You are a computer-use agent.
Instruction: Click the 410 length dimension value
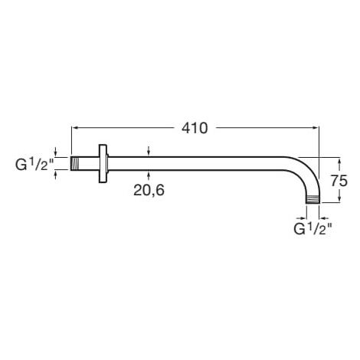pos(195,128)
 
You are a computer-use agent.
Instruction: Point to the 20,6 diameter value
pos(149,191)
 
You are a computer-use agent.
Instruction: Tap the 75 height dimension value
pos(339,181)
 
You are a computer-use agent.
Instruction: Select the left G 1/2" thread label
pos(34,165)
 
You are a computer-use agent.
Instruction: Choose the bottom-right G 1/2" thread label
pos(313,228)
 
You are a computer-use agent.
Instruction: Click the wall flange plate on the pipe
pos(103,164)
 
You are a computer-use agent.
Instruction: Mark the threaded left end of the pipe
pos(75,163)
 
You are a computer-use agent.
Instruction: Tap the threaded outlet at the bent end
pos(313,200)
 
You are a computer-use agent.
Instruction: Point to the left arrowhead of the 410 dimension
pos(74,127)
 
